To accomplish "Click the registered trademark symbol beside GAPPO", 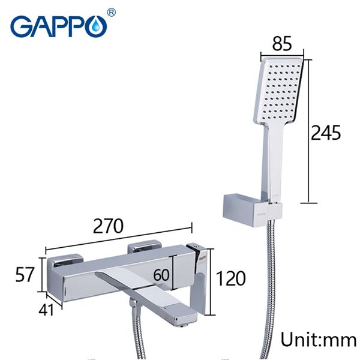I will [x=112, y=12].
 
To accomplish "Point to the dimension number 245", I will [x=325, y=132].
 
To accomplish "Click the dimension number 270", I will [x=112, y=226].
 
